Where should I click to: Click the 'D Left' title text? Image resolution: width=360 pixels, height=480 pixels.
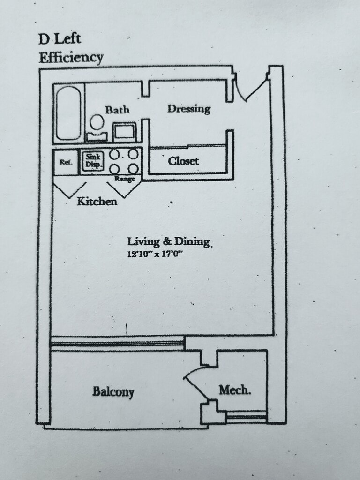[60, 39]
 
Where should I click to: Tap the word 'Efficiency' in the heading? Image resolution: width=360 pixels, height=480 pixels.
[71, 58]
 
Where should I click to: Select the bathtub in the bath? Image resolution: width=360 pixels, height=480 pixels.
[68, 113]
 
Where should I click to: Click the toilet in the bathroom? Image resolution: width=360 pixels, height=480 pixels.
[97, 127]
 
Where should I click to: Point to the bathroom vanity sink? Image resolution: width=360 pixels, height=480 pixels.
[125, 131]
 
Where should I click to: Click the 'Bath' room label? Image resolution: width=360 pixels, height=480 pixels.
[117, 110]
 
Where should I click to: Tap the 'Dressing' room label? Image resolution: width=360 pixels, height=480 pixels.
[189, 109]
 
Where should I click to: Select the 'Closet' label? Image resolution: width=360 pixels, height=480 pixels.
[183, 161]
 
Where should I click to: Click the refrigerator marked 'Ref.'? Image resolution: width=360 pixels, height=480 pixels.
[65, 162]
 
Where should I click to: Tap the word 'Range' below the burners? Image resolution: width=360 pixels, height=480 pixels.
[125, 179]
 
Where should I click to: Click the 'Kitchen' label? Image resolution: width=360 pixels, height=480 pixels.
[97, 202]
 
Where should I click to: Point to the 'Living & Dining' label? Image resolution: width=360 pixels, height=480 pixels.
[169, 242]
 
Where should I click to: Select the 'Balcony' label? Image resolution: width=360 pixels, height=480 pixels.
[113, 391]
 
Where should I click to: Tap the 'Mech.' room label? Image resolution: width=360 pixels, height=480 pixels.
[234, 390]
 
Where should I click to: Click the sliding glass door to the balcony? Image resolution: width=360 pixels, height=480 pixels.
[117, 343]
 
